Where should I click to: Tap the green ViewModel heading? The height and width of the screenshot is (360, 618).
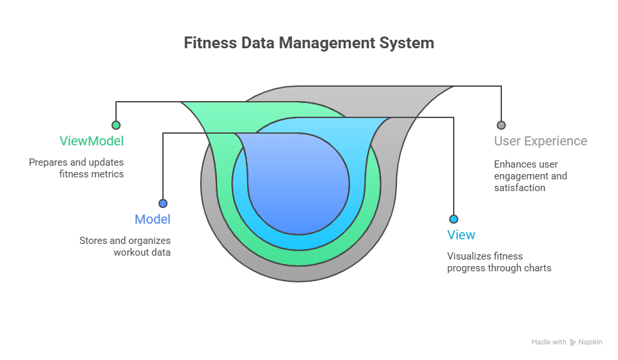pyautogui.click(x=91, y=141)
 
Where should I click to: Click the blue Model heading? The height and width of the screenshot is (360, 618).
pyautogui.click(x=153, y=219)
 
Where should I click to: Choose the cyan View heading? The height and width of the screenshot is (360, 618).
pyautogui.click(x=461, y=235)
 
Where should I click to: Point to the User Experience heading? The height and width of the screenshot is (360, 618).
pyautogui.click(x=540, y=141)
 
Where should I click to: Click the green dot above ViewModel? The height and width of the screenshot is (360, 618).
pyautogui.click(x=116, y=125)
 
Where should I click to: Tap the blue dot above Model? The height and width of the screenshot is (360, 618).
pyautogui.click(x=162, y=203)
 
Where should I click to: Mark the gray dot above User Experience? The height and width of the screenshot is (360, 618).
pyautogui.click(x=501, y=125)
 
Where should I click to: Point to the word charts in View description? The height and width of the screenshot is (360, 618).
pyautogui.click(x=536, y=268)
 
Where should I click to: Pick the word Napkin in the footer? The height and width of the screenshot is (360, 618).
pyautogui.click(x=591, y=342)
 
